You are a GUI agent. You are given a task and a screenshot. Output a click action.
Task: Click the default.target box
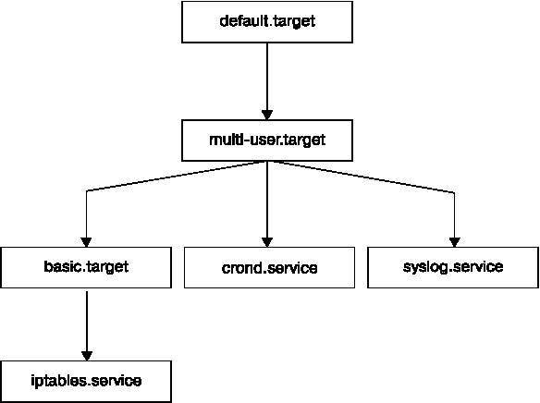tap(268, 21)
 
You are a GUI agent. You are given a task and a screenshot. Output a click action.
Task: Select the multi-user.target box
tap(268, 140)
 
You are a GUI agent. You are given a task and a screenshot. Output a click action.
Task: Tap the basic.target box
tap(85, 268)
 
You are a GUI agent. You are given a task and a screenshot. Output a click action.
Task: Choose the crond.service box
tap(268, 268)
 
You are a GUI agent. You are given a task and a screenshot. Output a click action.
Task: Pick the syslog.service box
tap(453, 268)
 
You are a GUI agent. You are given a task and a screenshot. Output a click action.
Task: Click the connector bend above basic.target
tap(86, 191)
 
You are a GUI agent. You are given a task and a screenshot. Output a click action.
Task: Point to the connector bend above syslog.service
tap(454, 191)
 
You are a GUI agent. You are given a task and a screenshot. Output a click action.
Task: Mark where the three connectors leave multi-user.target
tap(268, 162)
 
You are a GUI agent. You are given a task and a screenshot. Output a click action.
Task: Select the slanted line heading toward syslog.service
tap(361, 177)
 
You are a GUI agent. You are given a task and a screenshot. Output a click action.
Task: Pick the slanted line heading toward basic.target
tap(176, 177)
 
